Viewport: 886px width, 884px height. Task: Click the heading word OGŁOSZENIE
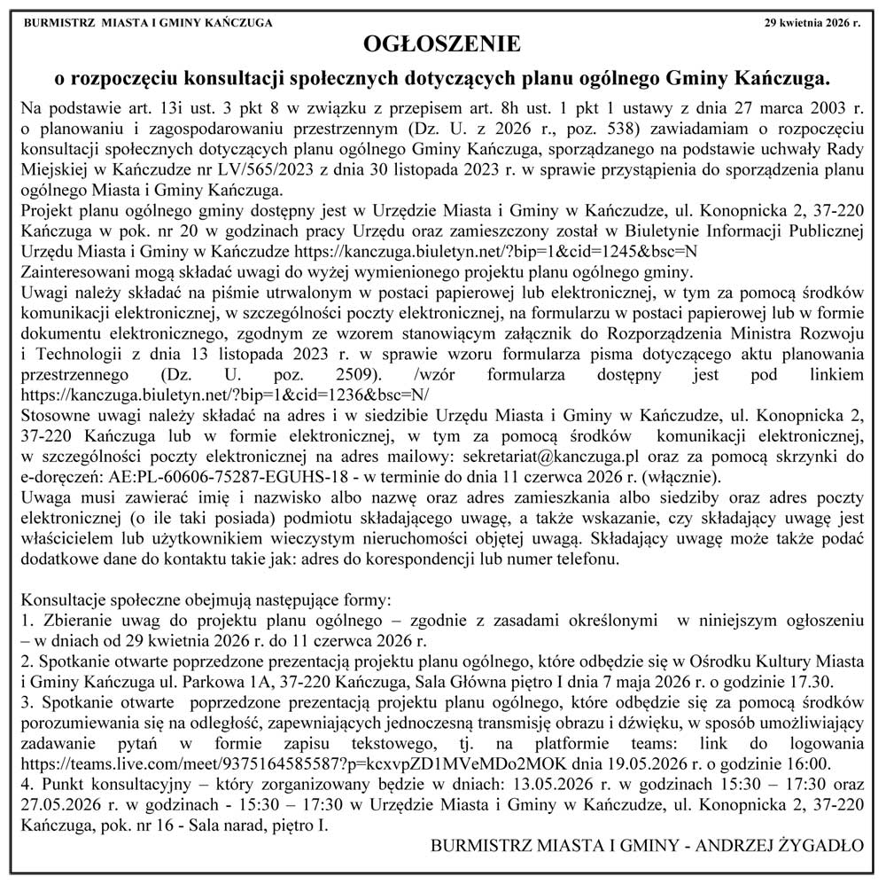[442, 43]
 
